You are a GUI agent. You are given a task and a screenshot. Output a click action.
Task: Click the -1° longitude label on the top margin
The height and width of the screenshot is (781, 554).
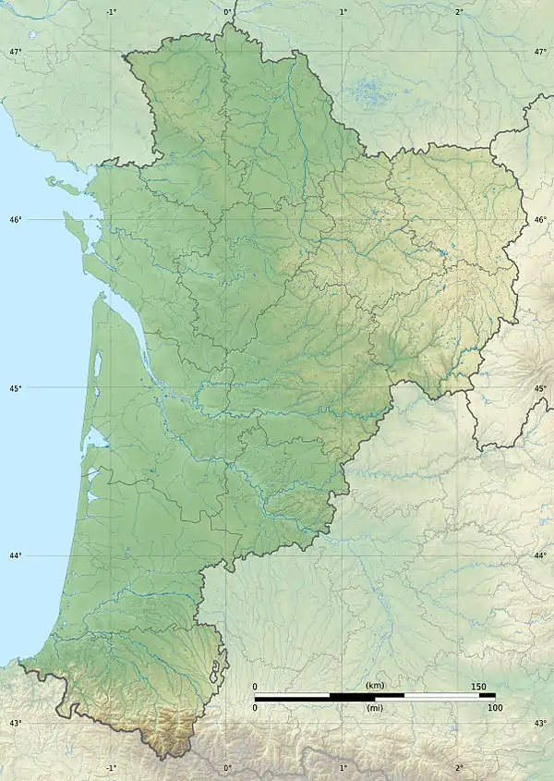coord(112,12)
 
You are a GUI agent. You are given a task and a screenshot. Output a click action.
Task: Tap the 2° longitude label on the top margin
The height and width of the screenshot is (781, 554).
coord(459,12)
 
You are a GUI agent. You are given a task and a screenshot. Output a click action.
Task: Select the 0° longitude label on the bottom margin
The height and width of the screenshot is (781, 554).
coord(226,768)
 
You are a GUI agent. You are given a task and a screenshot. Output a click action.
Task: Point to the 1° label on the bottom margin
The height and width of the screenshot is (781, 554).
coord(343,768)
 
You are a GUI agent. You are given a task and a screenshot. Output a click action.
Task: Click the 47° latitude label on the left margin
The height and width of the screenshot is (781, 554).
coord(15,52)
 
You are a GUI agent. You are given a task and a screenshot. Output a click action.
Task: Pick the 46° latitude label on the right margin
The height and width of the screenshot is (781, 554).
coord(540,220)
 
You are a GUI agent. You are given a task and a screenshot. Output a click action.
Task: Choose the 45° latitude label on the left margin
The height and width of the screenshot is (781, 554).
coord(15,388)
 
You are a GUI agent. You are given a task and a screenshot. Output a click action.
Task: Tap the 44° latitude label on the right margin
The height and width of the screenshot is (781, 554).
coord(540,555)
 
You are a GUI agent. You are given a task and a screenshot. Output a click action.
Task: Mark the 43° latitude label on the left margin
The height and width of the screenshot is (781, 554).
coord(15,723)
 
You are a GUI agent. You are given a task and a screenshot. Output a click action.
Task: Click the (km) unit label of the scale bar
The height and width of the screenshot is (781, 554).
coord(375,685)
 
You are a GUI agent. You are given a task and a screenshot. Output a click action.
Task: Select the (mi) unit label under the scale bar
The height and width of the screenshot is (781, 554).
coord(375,708)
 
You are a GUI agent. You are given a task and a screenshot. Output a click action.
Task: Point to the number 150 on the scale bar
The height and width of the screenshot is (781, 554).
coord(478,686)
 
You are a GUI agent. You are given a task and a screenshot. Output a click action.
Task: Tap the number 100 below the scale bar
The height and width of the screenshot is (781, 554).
coord(495,708)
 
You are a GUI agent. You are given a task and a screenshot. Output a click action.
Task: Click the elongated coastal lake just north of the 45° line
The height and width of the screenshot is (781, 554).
coord(98,365)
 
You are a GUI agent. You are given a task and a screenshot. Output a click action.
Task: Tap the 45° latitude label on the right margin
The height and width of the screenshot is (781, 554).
coord(540,388)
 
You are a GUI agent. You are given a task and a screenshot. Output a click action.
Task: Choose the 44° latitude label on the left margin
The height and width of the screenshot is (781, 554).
coord(15,555)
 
